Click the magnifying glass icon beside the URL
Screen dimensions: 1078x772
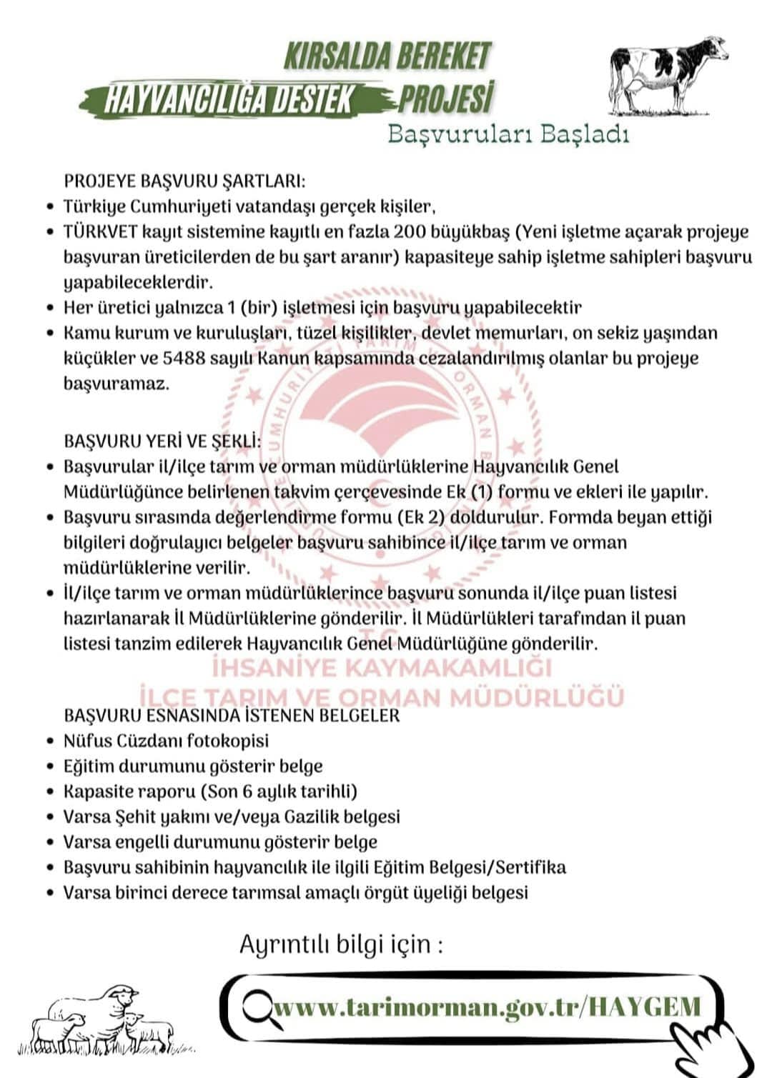(254, 1007)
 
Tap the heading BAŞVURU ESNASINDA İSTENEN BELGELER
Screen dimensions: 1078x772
(232, 715)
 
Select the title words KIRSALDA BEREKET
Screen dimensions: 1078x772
(388, 56)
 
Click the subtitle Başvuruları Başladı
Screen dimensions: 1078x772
(508, 134)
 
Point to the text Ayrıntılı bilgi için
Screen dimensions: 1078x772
(341, 944)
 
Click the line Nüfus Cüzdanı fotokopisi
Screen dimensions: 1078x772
(166, 741)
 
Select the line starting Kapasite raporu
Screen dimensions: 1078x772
(210, 792)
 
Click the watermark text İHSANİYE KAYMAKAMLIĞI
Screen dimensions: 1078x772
(382, 668)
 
